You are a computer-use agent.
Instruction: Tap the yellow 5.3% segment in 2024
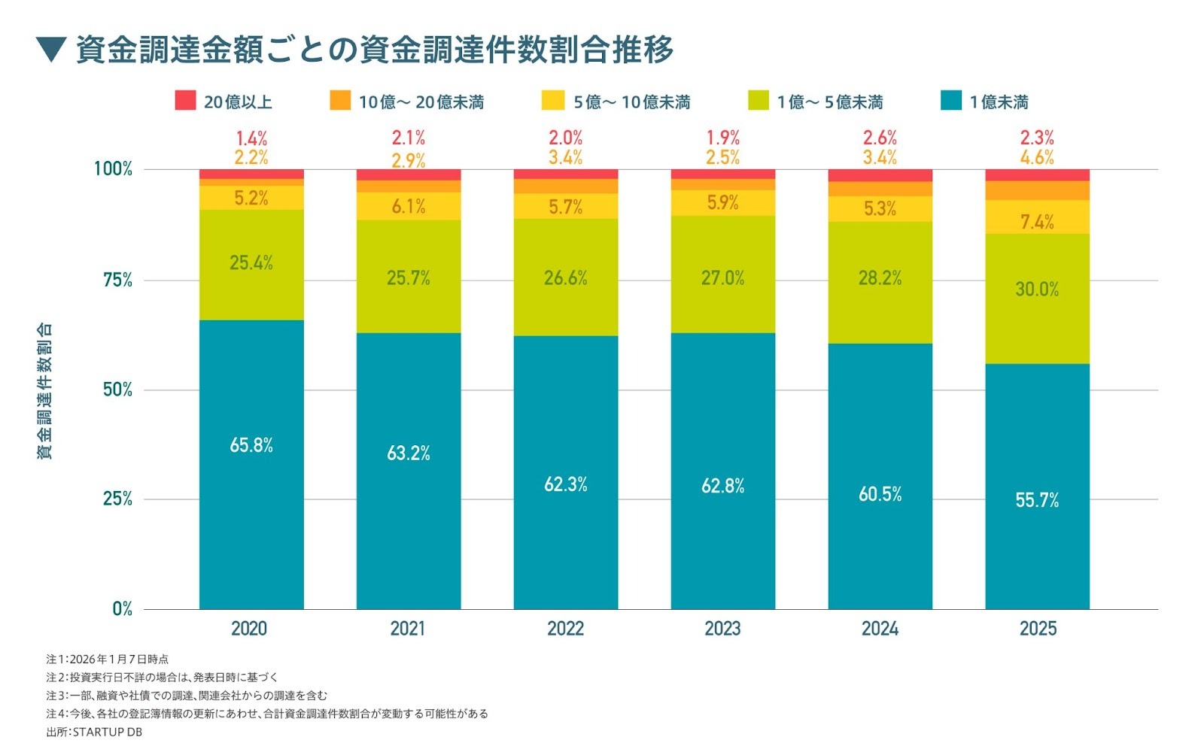(x=880, y=209)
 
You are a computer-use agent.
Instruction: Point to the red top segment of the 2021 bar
(x=408, y=174)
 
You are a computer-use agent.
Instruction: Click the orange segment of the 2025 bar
(x=1037, y=190)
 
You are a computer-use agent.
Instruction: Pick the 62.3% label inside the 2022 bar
(x=565, y=484)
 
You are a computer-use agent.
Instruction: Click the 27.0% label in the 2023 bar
(x=722, y=278)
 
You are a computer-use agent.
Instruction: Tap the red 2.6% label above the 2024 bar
(x=880, y=138)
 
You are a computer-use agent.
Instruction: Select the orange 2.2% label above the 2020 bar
(x=251, y=157)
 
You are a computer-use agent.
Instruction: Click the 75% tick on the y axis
(x=117, y=280)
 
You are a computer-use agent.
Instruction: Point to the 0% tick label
(x=122, y=608)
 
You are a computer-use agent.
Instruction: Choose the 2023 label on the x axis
(x=722, y=629)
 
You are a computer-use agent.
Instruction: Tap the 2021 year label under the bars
(x=407, y=629)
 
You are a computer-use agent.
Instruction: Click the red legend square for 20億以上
(x=185, y=101)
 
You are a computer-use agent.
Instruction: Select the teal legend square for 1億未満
(x=951, y=101)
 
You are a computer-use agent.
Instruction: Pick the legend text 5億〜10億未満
(x=631, y=102)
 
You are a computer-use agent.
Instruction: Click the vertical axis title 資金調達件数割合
(x=45, y=391)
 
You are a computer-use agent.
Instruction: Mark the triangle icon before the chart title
(x=52, y=50)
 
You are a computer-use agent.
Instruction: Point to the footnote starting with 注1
(x=108, y=660)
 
